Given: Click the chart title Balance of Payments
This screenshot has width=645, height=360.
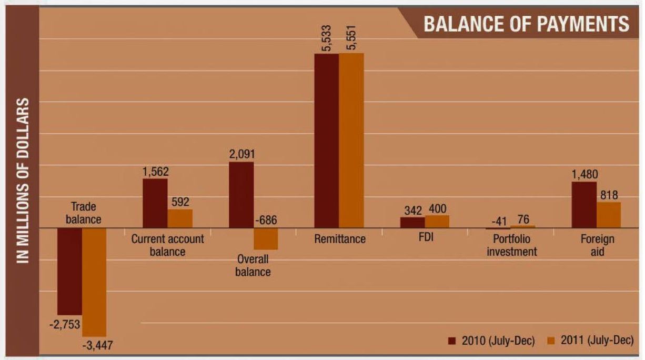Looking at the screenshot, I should [x=526, y=24].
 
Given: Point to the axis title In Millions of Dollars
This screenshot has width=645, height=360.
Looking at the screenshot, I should [x=22, y=180].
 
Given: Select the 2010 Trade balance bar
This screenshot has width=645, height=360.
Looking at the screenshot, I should [x=69, y=271].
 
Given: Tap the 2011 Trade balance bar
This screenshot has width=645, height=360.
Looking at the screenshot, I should [x=94, y=282].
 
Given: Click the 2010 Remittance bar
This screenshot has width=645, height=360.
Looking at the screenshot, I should [x=326, y=141].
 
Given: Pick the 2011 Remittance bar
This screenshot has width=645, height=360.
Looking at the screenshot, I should [x=351, y=141].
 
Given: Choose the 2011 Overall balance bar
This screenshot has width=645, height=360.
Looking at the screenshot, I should [x=266, y=239].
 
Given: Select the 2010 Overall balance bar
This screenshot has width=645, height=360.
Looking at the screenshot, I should [x=241, y=195].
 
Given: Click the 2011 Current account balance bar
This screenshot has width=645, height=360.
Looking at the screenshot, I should [x=180, y=218].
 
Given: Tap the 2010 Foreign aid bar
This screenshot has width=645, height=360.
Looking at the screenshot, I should [x=584, y=205].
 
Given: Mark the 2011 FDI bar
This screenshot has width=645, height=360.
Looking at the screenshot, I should [x=437, y=222].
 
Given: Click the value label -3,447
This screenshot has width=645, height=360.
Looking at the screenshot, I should [x=97, y=346].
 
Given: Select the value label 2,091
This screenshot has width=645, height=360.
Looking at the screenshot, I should [x=241, y=154].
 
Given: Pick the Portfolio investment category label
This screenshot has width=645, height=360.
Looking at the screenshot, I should [x=511, y=245].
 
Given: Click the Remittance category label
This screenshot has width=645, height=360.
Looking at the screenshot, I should [x=339, y=239].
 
